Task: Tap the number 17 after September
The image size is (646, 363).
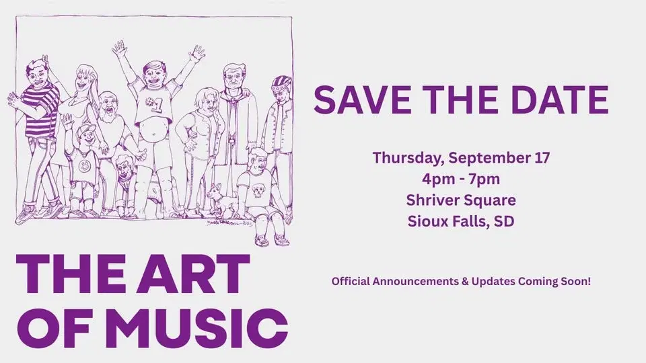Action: pyautogui.click(x=540, y=159)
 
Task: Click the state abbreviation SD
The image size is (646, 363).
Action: pyautogui.click(x=503, y=220)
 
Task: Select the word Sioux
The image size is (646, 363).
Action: pyautogui.click(x=425, y=220)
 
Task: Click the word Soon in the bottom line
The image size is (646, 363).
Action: pyautogui.click(x=574, y=282)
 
